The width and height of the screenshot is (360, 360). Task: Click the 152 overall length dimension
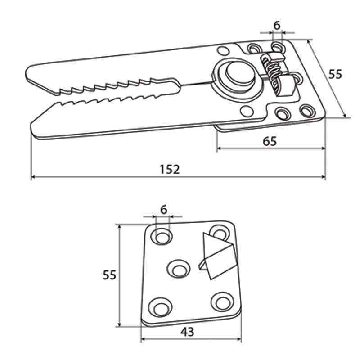[170, 170]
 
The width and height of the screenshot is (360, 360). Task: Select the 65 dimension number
[270, 141]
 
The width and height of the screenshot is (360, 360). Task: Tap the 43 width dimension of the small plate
[187, 332]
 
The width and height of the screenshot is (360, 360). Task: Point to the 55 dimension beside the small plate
[109, 275]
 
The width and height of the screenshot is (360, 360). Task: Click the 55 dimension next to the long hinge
[335, 74]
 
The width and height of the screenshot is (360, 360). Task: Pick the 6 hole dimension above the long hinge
[277, 25]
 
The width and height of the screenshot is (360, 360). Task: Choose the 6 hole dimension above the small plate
[163, 210]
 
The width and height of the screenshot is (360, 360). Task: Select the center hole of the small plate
[179, 269]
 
